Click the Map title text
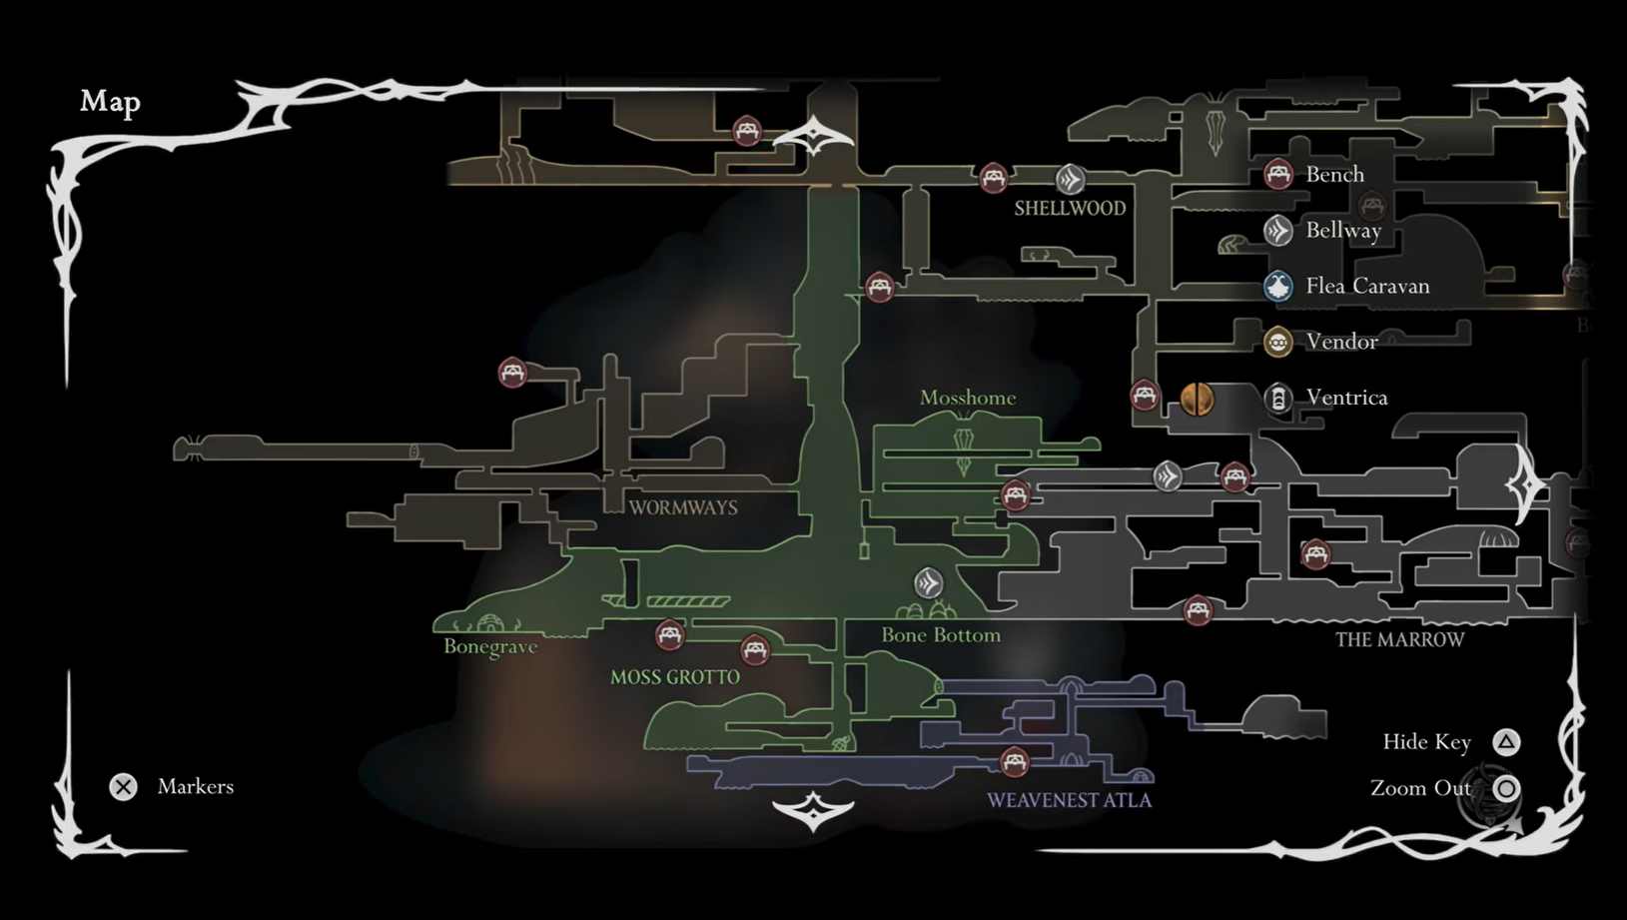(110, 102)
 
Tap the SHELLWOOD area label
(1070, 209)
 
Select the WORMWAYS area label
(683, 507)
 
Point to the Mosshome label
(968, 398)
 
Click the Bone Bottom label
(941, 635)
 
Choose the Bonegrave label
(490, 646)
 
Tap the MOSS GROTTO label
(675, 677)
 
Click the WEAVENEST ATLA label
(1069, 800)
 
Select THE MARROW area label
(1399, 639)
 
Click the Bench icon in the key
(1278, 174)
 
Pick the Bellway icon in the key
(1278, 231)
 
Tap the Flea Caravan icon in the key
(1278, 287)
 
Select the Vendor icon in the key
(1278, 343)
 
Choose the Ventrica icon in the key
(1278, 399)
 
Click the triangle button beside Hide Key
(1506, 742)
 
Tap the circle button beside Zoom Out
(1506, 788)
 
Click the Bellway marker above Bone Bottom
(929, 582)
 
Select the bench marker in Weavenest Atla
(1015, 762)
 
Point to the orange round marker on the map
(1197, 399)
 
